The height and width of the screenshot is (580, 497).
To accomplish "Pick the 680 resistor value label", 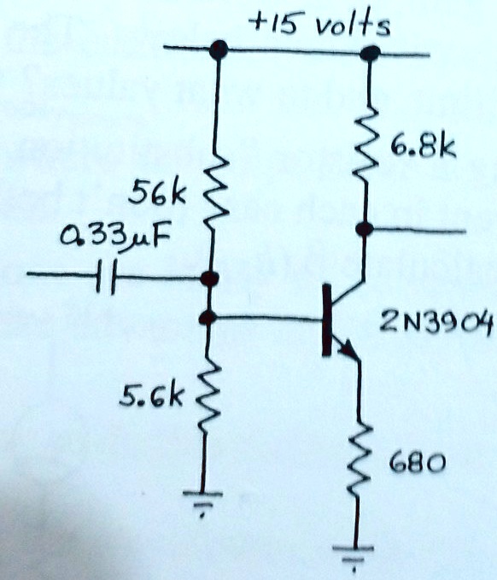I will (x=416, y=464).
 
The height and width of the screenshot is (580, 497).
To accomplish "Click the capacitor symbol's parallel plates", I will (x=105, y=277).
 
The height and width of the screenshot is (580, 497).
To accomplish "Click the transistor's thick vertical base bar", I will (x=327, y=322).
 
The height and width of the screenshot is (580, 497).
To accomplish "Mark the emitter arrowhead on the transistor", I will (x=348, y=349).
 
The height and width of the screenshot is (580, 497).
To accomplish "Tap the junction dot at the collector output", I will (x=365, y=229).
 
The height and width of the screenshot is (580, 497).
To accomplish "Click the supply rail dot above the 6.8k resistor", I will (x=369, y=53).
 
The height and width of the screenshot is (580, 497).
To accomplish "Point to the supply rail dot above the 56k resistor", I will (x=219, y=50).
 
